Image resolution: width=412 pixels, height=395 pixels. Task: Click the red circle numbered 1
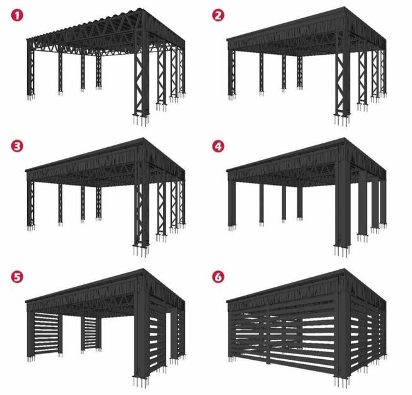click(x=17, y=16)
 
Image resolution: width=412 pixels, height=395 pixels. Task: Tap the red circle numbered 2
click(x=218, y=16)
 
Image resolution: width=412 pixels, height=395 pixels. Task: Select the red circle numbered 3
click(x=17, y=147)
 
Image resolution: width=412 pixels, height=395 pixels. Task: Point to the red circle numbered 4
click(x=218, y=147)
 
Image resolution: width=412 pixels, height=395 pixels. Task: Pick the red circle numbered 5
click(x=17, y=277)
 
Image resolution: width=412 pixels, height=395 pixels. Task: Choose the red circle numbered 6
click(x=218, y=277)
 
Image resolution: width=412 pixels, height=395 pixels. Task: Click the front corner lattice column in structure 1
click(x=142, y=79)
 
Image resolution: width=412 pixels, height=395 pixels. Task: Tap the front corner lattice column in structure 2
click(x=343, y=79)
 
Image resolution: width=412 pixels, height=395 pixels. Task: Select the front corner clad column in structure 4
click(x=343, y=207)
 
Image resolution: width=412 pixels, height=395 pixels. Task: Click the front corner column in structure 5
click(x=142, y=338)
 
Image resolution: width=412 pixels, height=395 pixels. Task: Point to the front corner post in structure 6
click(x=343, y=338)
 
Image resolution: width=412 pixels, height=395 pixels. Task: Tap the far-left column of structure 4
click(x=232, y=203)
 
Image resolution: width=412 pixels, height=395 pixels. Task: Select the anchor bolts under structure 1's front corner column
click(x=141, y=120)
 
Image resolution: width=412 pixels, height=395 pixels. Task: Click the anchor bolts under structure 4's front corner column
click(x=342, y=251)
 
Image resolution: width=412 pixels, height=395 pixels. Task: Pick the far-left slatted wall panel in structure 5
click(x=47, y=333)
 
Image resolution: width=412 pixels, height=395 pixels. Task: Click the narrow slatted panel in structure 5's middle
click(x=90, y=333)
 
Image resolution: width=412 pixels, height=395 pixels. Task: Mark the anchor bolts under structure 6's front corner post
click(x=342, y=382)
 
